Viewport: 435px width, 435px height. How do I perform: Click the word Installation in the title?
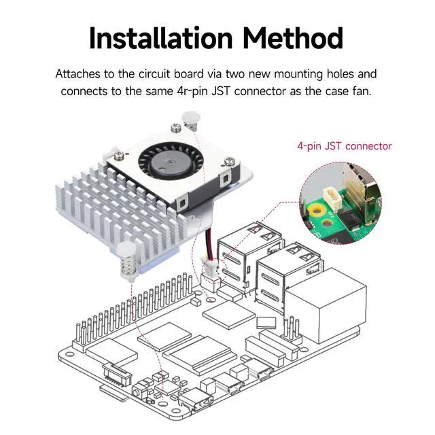pyautogui.click(x=160, y=38)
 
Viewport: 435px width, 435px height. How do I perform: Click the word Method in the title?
pyautogui.click(x=293, y=38)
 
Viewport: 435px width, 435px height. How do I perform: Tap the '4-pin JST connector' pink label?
pyautogui.click(x=345, y=146)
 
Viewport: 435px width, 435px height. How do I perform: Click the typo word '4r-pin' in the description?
pyautogui.click(x=192, y=91)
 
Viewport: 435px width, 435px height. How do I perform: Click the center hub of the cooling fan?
pyautogui.click(x=170, y=162)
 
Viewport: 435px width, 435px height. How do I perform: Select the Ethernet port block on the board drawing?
pyautogui.click(x=326, y=305)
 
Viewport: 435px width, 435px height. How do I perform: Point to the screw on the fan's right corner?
pyautogui.click(x=229, y=160)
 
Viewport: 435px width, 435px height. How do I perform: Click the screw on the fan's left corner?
pyautogui.click(x=119, y=156)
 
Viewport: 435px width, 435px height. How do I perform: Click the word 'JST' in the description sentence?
pyautogui.click(x=221, y=91)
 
